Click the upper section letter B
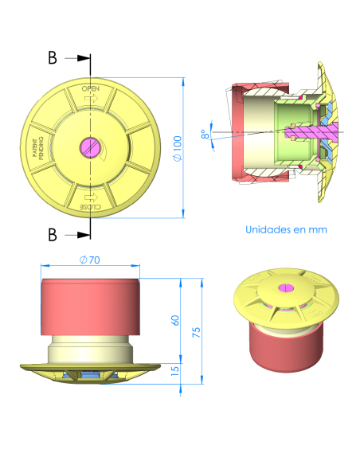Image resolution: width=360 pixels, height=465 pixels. [x=53, y=58]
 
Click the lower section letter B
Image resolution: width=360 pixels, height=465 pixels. [x=53, y=234]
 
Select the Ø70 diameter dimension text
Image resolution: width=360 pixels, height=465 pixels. [x=90, y=260]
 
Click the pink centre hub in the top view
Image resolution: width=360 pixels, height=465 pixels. [x=90, y=147]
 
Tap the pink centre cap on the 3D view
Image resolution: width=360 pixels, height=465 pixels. [x=284, y=287]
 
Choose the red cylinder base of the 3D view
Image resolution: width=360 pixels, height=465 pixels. [x=285, y=350]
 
